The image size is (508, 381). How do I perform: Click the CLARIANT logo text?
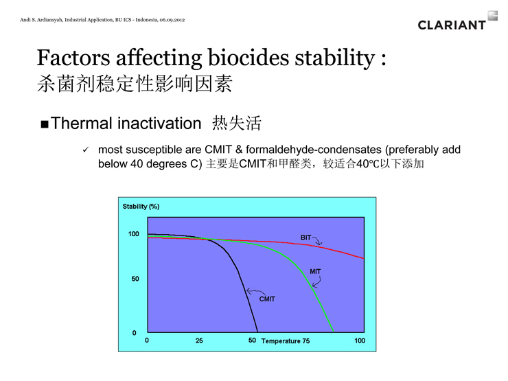(x=452, y=25)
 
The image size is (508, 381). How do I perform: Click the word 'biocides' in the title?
(x=249, y=58)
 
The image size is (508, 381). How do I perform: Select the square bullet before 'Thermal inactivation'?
(x=45, y=124)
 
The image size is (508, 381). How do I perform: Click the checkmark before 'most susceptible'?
(x=86, y=150)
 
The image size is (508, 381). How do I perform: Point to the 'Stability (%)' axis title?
(x=141, y=207)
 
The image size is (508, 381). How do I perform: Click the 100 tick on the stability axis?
(x=133, y=234)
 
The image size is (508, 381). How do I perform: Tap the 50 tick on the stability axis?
(x=135, y=279)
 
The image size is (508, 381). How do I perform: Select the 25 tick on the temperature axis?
(x=199, y=340)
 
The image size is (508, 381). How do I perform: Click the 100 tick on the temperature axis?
(x=360, y=340)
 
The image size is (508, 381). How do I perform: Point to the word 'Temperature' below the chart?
(x=281, y=341)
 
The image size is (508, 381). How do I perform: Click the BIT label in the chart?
(x=305, y=238)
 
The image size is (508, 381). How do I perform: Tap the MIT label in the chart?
(x=315, y=271)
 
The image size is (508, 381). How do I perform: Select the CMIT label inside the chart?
(x=267, y=299)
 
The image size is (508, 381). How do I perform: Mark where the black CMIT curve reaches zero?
(x=257, y=332)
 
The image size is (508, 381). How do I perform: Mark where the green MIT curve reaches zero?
(x=334, y=332)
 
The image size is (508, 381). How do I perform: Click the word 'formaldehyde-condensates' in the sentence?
(x=313, y=150)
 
